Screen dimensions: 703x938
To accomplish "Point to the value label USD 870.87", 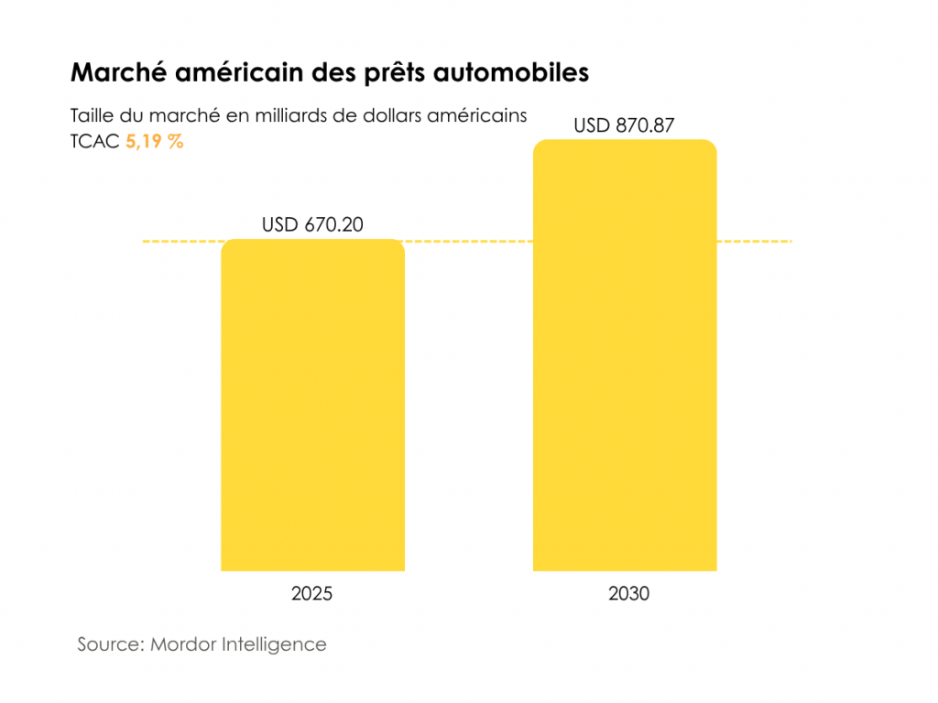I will point(624,125).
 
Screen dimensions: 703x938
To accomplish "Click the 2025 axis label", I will point(312,594).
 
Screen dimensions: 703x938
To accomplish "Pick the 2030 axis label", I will point(628,594).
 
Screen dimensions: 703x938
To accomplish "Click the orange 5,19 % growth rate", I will point(154,142).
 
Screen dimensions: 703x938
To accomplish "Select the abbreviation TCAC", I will point(94,142).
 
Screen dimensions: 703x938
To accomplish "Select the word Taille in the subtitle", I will point(92,117).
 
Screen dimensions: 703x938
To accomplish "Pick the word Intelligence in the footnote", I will point(275,644).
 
